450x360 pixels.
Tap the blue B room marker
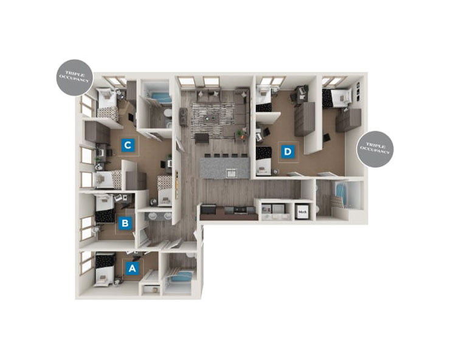(125, 223)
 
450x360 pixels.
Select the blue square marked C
(128, 145)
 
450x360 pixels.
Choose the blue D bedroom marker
(288, 150)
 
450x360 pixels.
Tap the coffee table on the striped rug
(213, 115)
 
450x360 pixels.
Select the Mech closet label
(302, 212)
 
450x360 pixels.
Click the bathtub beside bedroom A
(181, 279)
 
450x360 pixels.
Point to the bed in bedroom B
(106, 210)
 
